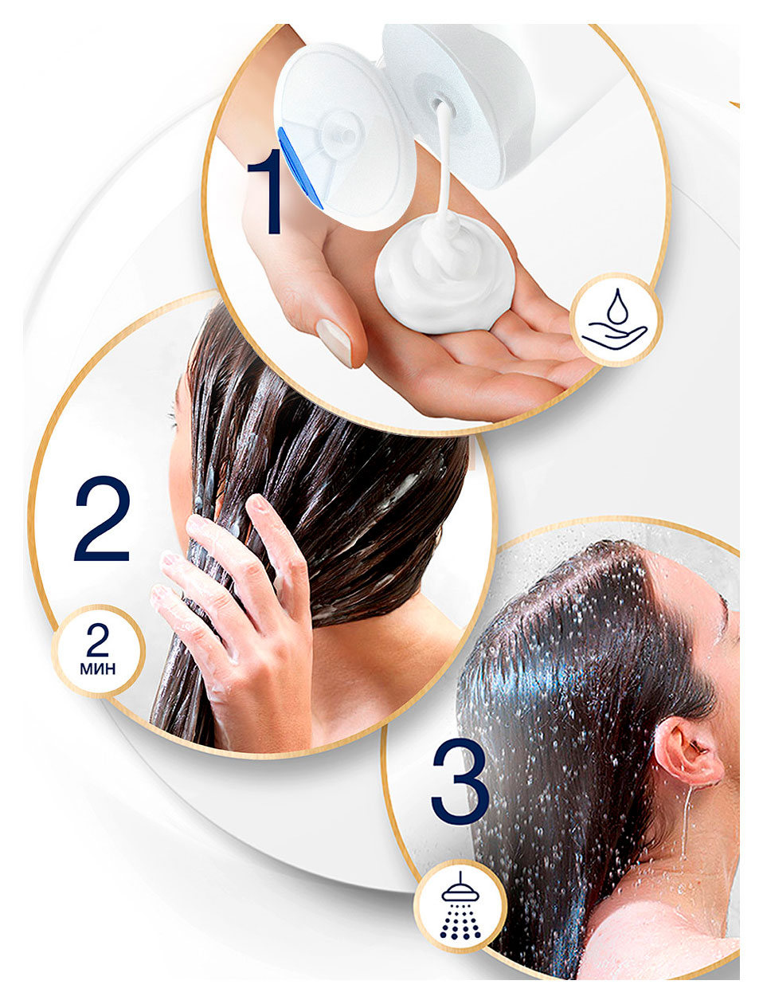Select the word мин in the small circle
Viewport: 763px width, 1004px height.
click(97, 669)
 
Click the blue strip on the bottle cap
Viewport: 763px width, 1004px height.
click(299, 167)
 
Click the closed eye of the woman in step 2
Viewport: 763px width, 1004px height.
click(173, 417)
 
